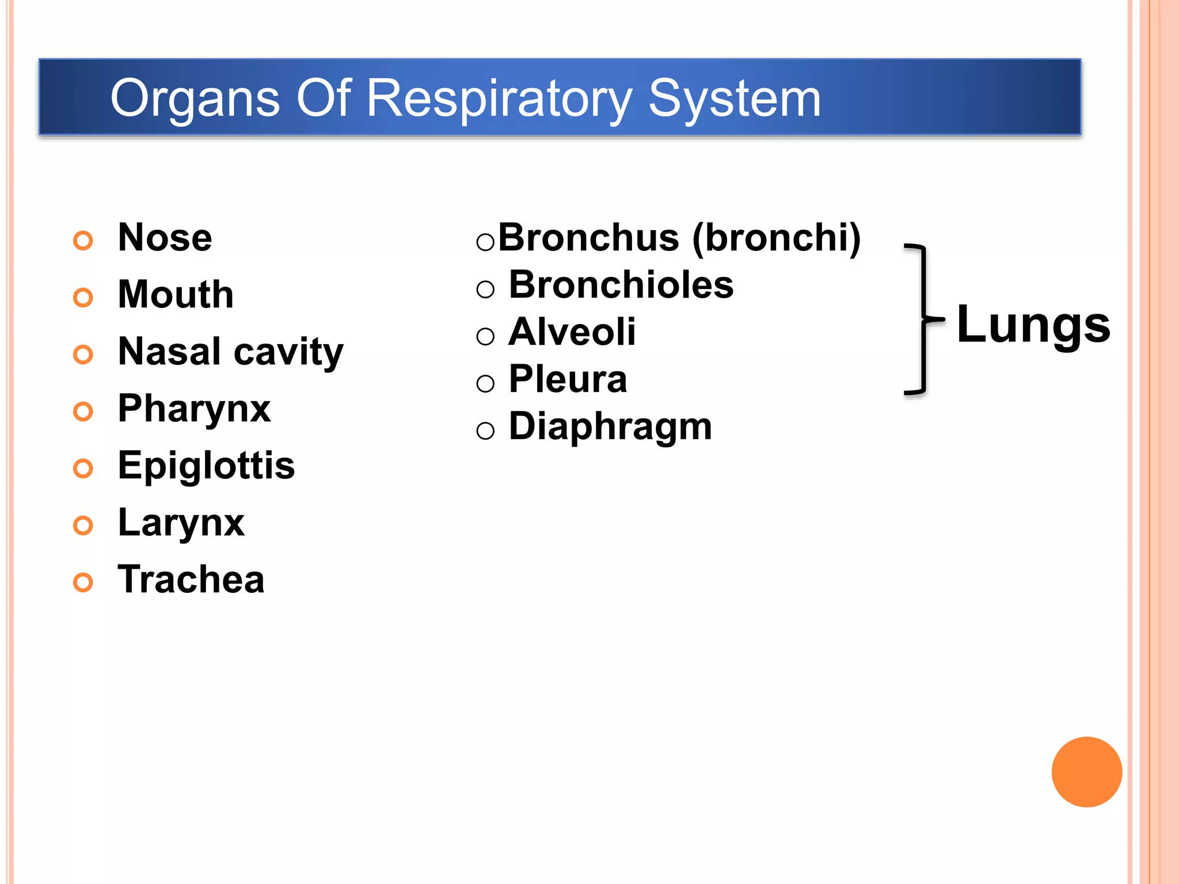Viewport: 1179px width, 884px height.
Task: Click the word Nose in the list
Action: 165,238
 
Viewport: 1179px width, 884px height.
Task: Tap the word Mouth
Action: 176,295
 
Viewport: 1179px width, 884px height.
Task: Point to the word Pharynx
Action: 194,409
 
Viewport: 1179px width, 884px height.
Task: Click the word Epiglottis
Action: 206,466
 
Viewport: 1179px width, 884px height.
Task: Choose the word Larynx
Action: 181,523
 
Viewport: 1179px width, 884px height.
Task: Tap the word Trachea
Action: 191,580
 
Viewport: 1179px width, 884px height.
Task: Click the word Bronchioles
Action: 621,285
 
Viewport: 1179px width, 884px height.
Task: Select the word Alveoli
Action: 572,332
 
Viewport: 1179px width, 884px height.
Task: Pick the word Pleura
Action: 568,379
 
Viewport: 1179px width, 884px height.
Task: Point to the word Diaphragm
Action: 610,427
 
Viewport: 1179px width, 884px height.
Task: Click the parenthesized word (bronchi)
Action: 776,238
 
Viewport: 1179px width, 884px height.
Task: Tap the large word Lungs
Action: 1033,325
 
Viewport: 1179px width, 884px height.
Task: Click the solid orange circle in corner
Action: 1086,772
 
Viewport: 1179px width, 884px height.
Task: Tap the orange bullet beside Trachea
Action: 83,582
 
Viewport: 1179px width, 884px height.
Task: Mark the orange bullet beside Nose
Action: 83,241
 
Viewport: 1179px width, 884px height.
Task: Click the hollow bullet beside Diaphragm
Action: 485,430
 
